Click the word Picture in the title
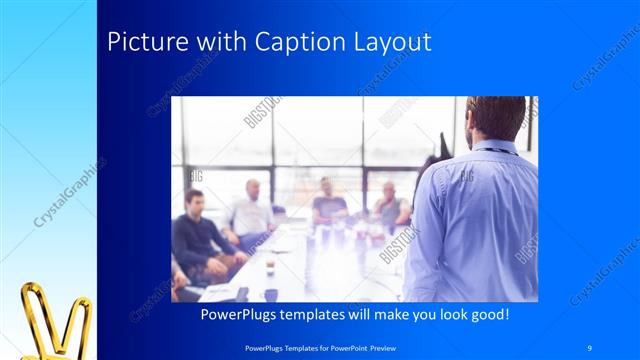[x=139, y=43]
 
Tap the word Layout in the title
[x=391, y=43]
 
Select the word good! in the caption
[x=490, y=315]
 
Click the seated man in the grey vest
[x=390, y=205]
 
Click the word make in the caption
[x=379, y=315]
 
